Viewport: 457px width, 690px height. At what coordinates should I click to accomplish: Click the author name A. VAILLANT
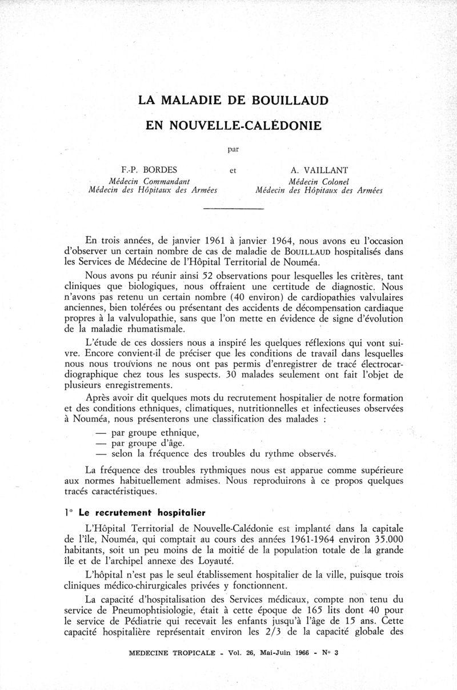pos(319,170)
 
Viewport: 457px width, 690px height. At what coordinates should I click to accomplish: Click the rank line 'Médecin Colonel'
pos(319,181)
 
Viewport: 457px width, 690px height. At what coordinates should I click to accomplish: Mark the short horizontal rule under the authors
pos(233,210)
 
